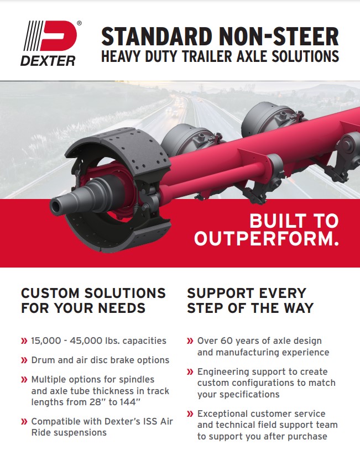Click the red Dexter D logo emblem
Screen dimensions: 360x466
pos(59,36)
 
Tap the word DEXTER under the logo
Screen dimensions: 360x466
pos(48,61)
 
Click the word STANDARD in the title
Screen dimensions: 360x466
pos(156,36)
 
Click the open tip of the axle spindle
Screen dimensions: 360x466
pos(55,206)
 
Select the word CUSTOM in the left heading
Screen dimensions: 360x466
pos(50,293)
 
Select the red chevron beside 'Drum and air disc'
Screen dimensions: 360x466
pos(24,360)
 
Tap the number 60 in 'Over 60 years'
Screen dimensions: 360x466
pos(227,341)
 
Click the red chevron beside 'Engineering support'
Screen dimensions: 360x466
pos(190,372)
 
